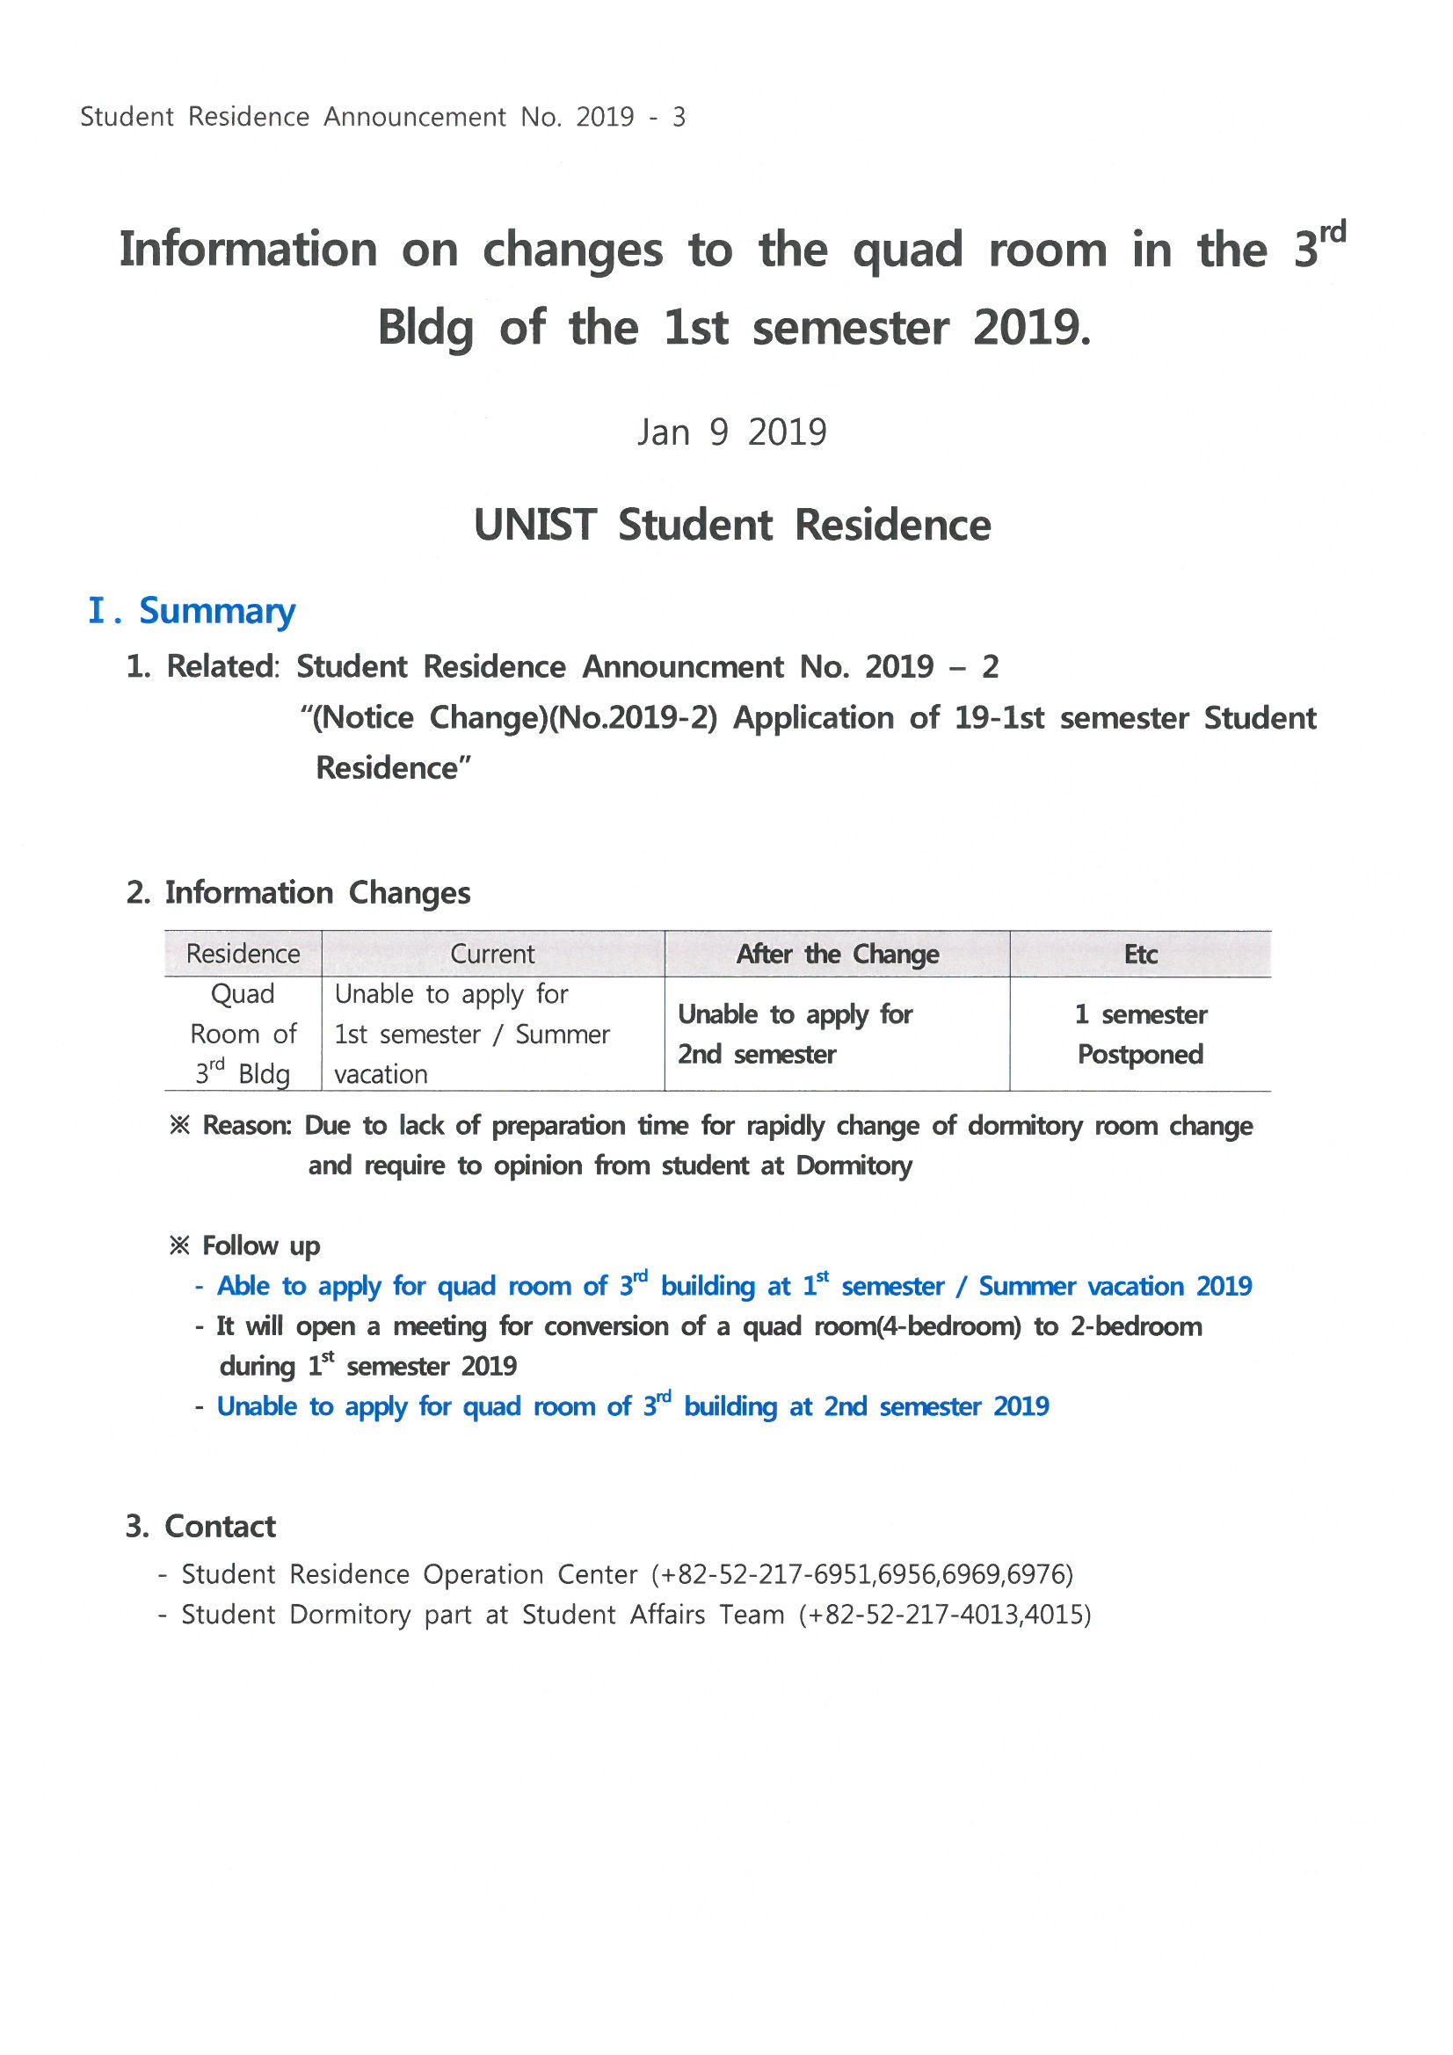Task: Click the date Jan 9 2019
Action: pyautogui.click(x=731, y=432)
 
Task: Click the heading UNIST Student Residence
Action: pyautogui.click(x=731, y=525)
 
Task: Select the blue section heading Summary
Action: pyautogui.click(x=216, y=610)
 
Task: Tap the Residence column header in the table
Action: pyautogui.click(x=243, y=955)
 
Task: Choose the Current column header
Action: pyautogui.click(x=492, y=955)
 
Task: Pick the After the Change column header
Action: pyautogui.click(x=837, y=955)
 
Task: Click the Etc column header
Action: pyautogui.click(x=1140, y=955)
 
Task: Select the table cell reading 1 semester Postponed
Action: pyautogui.click(x=1140, y=1034)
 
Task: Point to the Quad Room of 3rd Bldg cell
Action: pyautogui.click(x=243, y=1034)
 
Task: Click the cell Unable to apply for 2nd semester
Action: pyautogui.click(x=794, y=1034)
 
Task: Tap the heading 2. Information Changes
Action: pyautogui.click(x=298, y=892)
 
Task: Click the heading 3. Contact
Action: pyautogui.click(x=200, y=1526)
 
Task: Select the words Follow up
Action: pyautogui.click(x=260, y=1245)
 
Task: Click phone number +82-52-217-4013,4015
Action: pyautogui.click(x=946, y=1615)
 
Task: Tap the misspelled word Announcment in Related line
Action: pyautogui.click(x=683, y=667)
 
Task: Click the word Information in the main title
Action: pyautogui.click(x=248, y=250)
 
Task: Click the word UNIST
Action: pyautogui.click(x=534, y=525)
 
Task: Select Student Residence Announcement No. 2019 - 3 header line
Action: pyautogui.click(x=382, y=117)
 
